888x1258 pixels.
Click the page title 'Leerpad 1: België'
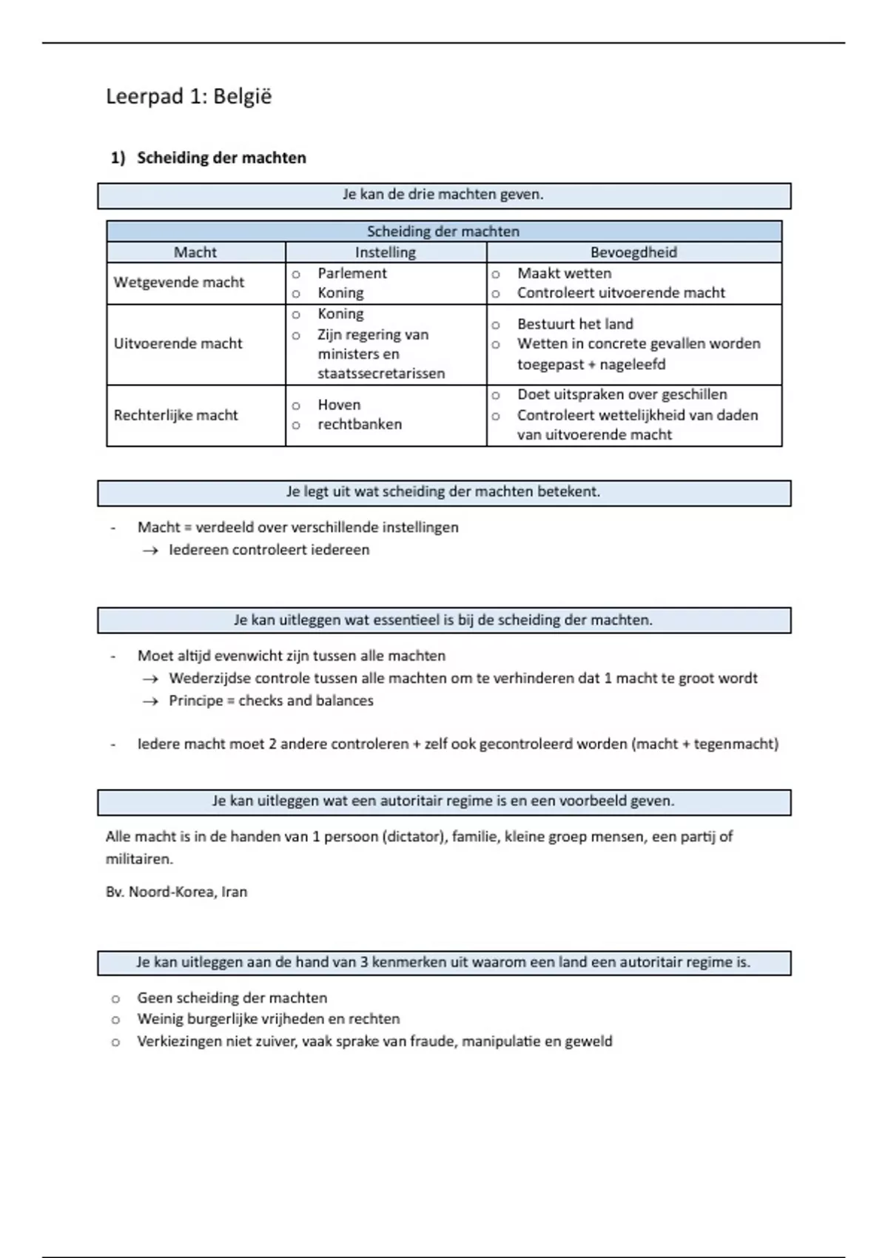tap(189, 97)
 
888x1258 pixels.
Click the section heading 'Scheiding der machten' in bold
tap(221, 158)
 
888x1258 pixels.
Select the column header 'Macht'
tap(195, 252)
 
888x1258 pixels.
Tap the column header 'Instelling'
tap(386, 252)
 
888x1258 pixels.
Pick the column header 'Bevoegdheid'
tap(633, 252)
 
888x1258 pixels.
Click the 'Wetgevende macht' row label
tap(178, 283)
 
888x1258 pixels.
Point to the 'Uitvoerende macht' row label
tap(178, 343)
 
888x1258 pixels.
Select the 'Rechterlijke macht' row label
tap(175, 415)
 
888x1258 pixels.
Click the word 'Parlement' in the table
tap(352, 273)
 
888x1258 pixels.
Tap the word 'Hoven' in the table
tap(339, 405)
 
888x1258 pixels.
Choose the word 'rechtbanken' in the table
tap(360, 425)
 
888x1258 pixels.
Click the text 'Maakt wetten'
tap(564, 273)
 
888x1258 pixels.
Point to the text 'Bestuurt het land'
tap(575, 324)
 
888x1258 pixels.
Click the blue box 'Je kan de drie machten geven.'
tap(443, 195)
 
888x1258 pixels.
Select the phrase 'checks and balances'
tap(306, 701)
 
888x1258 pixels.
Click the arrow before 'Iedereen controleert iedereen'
tap(151, 551)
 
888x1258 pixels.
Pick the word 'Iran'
tap(234, 892)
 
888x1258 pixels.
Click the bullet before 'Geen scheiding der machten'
tap(115, 999)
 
